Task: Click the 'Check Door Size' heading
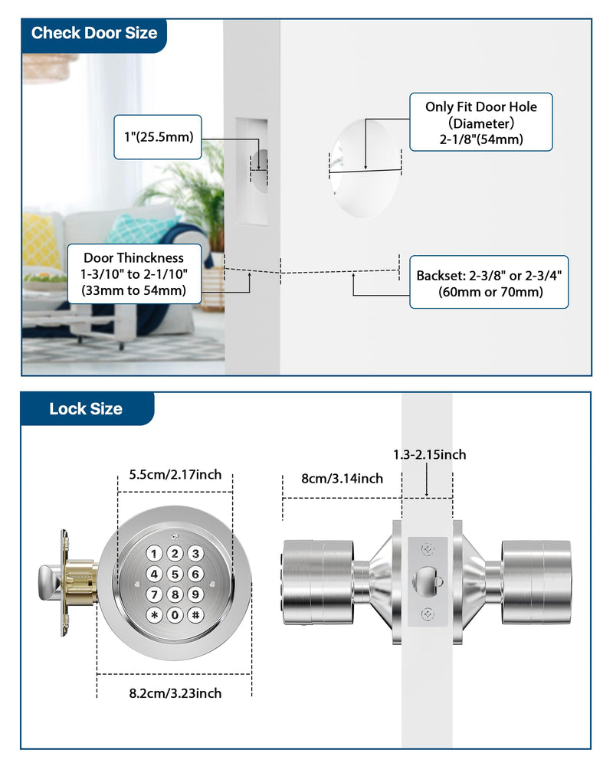tap(94, 33)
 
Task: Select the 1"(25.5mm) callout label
tap(158, 137)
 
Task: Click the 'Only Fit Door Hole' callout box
tap(481, 122)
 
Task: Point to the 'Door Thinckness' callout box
tap(134, 274)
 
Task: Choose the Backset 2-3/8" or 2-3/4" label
tap(489, 283)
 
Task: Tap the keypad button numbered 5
tap(175, 574)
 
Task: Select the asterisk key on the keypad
tap(154, 615)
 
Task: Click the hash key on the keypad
tap(195, 615)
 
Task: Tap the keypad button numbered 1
tap(154, 554)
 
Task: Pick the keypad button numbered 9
tap(195, 594)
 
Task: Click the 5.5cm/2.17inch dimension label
tap(175, 474)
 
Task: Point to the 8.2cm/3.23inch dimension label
tap(175, 693)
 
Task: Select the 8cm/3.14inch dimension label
tap(342, 478)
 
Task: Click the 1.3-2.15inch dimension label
tap(430, 455)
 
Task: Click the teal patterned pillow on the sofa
tap(139, 228)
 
